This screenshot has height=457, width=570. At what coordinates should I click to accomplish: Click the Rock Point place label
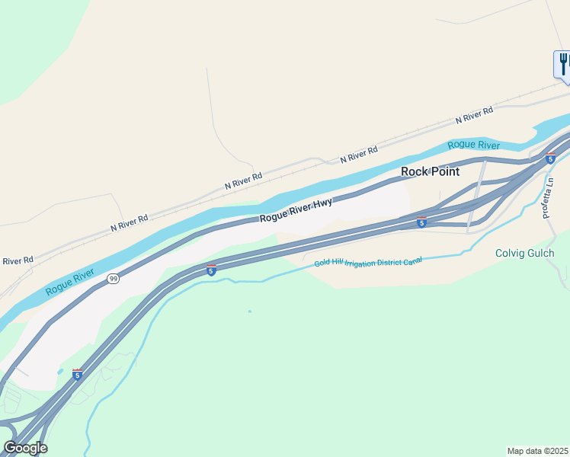pos(431,171)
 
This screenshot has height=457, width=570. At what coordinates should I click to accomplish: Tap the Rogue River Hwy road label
pos(296,210)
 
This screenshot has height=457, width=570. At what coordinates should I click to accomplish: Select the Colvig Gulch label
pos(525,254)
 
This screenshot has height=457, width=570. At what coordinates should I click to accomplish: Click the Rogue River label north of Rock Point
pos(473,145)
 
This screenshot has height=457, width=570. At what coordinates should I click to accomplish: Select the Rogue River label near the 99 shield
pos(69,282)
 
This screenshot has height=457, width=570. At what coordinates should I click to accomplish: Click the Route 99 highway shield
pos(113,278)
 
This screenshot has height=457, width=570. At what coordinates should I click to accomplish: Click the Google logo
pos(25,448)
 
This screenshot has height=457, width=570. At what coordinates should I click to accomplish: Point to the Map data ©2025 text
pos(538,451)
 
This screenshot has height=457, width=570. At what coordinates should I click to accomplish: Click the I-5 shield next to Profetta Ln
pos(550,158)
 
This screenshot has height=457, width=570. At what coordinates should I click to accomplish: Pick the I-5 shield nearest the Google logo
pos(77,374)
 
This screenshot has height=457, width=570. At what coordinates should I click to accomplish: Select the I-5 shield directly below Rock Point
pos(421,222)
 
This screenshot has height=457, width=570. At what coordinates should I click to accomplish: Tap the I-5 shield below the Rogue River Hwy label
pos(211,270)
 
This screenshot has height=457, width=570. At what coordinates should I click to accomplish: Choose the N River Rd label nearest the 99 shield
pos(129,222)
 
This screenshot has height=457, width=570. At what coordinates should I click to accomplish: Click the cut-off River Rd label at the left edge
pos(17,260)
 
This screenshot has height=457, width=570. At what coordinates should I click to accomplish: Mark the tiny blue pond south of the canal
pos(249,311)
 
